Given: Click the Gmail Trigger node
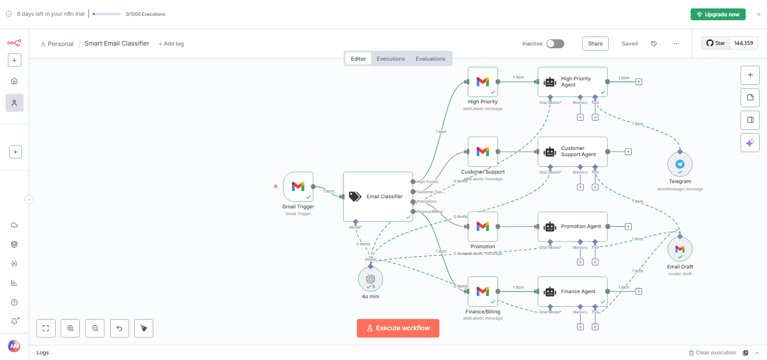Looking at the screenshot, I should pyautogui.click(x=298, y=186).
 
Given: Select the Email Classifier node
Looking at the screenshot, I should pyautogui.click(x=378, y=197).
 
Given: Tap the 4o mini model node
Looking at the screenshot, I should pyautogui.click(x=371, y=279).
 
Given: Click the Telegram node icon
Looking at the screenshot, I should pyautogui.click(x=680, y=165).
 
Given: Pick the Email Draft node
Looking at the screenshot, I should pyautogui.click(x=680, y=249).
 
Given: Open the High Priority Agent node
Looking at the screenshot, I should pyautogui.click(x=572, y=82).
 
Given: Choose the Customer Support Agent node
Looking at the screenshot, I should pyautogui.click(x=572, y=152).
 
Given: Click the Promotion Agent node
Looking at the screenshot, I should pyautogui.click(x=572, y=226).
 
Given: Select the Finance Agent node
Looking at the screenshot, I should pyautogui.click(x=572, y=291).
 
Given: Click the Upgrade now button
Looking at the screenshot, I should pyautogui.click(x=718, y=15).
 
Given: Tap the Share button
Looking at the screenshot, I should pyautogui.click(x=595, y=44).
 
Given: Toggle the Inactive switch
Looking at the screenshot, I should pyautogui.click(x=555, y=44).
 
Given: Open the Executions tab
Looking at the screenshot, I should pyautogui.click(x=391, y=59).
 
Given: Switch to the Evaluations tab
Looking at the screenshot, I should pyautogui.click(x=431, y=59).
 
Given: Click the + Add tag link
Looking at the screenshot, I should pyautogui.click(x=171, y=44).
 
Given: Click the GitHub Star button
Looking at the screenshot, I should pyautogui.click(x=715, y=43).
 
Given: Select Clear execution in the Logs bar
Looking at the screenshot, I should pyautogui.click(x=712, y=353).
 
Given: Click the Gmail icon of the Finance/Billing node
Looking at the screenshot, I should pyautogui.click(x=483, y=291).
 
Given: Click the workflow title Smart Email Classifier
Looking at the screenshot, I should pyautogui.click(x=117, y=43).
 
